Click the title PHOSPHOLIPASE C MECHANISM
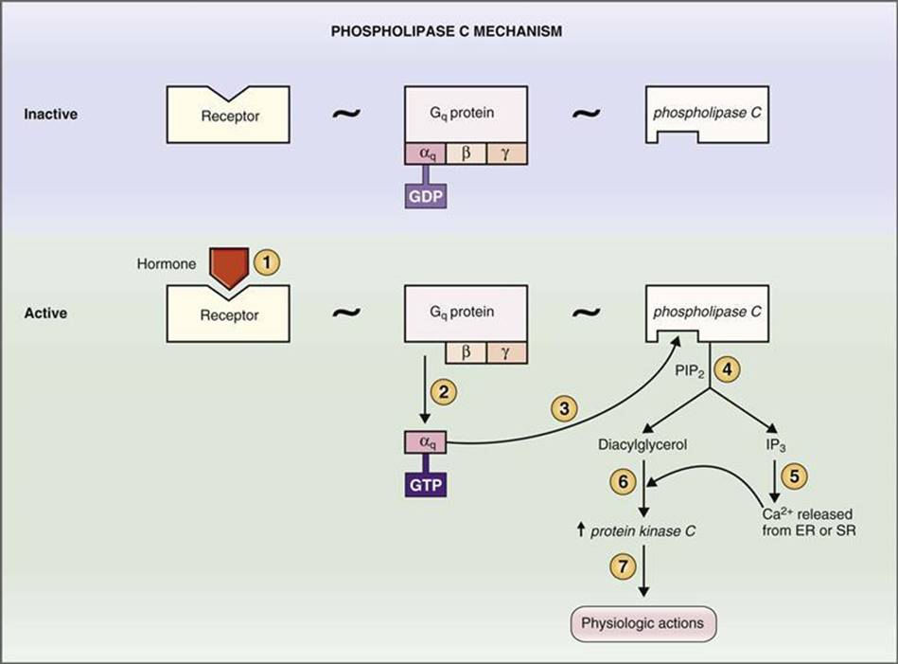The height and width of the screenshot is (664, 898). (x=446, y=31)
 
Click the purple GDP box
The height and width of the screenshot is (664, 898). (x=426, y=197)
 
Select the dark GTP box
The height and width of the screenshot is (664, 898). (x=426, y=485)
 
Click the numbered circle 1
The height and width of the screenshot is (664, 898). (x=266, y=262)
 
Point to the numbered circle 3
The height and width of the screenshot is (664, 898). (x=564, y=409)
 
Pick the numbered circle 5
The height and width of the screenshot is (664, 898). (x=794, y=476)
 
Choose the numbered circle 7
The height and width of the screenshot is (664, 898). (x=623, y=567)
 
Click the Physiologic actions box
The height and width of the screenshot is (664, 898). (x=643, y=624)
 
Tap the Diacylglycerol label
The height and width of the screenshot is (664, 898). (x=643, y=444)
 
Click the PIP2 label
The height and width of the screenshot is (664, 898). (x=690, y=371)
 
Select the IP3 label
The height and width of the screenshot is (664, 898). (x=775, y=445)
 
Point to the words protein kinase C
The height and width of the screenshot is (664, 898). (x=643, y=531)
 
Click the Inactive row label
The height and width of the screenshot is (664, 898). (x=50, y=114)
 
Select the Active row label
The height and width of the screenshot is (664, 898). (x=45, y=314)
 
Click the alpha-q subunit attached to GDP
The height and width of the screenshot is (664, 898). (x=426, y=153)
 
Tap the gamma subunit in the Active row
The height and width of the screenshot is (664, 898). (x=506, y=352)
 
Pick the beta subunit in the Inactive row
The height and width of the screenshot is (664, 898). (x=467, y=153)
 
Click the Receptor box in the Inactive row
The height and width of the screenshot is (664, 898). (x=228, y=115)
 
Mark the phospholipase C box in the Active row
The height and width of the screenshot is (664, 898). (x=707, y=314)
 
